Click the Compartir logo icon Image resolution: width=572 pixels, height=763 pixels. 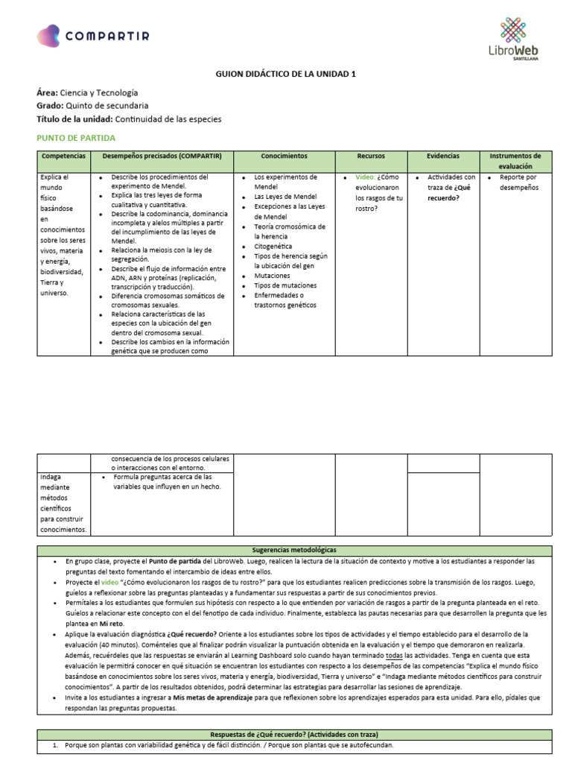[48, 36]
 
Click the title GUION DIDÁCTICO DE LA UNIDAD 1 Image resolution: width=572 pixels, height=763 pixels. [285, 75]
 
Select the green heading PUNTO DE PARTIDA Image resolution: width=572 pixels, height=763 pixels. [76, 138]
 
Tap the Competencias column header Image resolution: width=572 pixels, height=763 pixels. [63, 156]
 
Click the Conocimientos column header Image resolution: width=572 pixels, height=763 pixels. [284, 156]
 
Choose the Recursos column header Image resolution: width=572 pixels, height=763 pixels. [371, 156]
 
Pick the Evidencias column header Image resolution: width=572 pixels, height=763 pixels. [443, 156]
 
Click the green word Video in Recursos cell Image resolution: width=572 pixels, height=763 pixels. [365, 177]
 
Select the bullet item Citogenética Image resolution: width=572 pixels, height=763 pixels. [273, 246]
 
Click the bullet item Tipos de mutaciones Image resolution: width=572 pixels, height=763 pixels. [285, 285]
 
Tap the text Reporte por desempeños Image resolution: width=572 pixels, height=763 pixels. [518, 183]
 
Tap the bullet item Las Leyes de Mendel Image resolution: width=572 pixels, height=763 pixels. [280, 197]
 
